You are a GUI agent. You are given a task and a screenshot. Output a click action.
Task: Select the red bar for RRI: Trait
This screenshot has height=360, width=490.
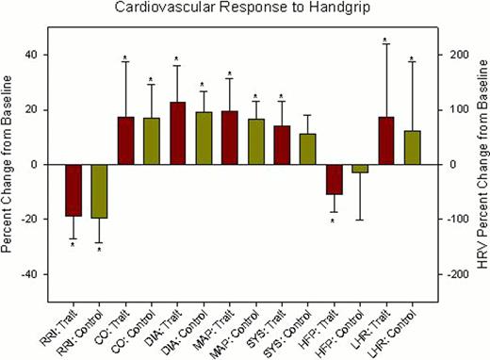point(73,189)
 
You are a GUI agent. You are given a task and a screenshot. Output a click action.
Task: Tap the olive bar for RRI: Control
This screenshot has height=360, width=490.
point(98,190)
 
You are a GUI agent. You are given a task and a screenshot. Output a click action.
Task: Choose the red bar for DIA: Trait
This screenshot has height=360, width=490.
point(177,133)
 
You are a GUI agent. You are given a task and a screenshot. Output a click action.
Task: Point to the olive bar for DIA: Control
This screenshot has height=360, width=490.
point(203,139)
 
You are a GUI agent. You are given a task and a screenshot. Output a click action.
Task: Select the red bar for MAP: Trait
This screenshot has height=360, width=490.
point(229,138)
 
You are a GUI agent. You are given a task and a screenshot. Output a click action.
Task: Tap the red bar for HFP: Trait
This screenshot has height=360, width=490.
point(333,179)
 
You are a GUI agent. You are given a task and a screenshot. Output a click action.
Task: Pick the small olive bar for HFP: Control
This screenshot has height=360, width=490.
point(359,169)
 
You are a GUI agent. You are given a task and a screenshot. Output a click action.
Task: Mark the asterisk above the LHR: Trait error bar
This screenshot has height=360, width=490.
point(385,41)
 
